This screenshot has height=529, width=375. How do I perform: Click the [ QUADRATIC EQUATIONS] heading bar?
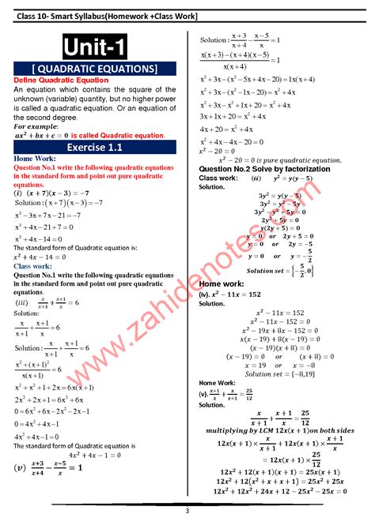click(95, 69)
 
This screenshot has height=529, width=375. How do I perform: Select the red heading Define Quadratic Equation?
click(61, 81)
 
